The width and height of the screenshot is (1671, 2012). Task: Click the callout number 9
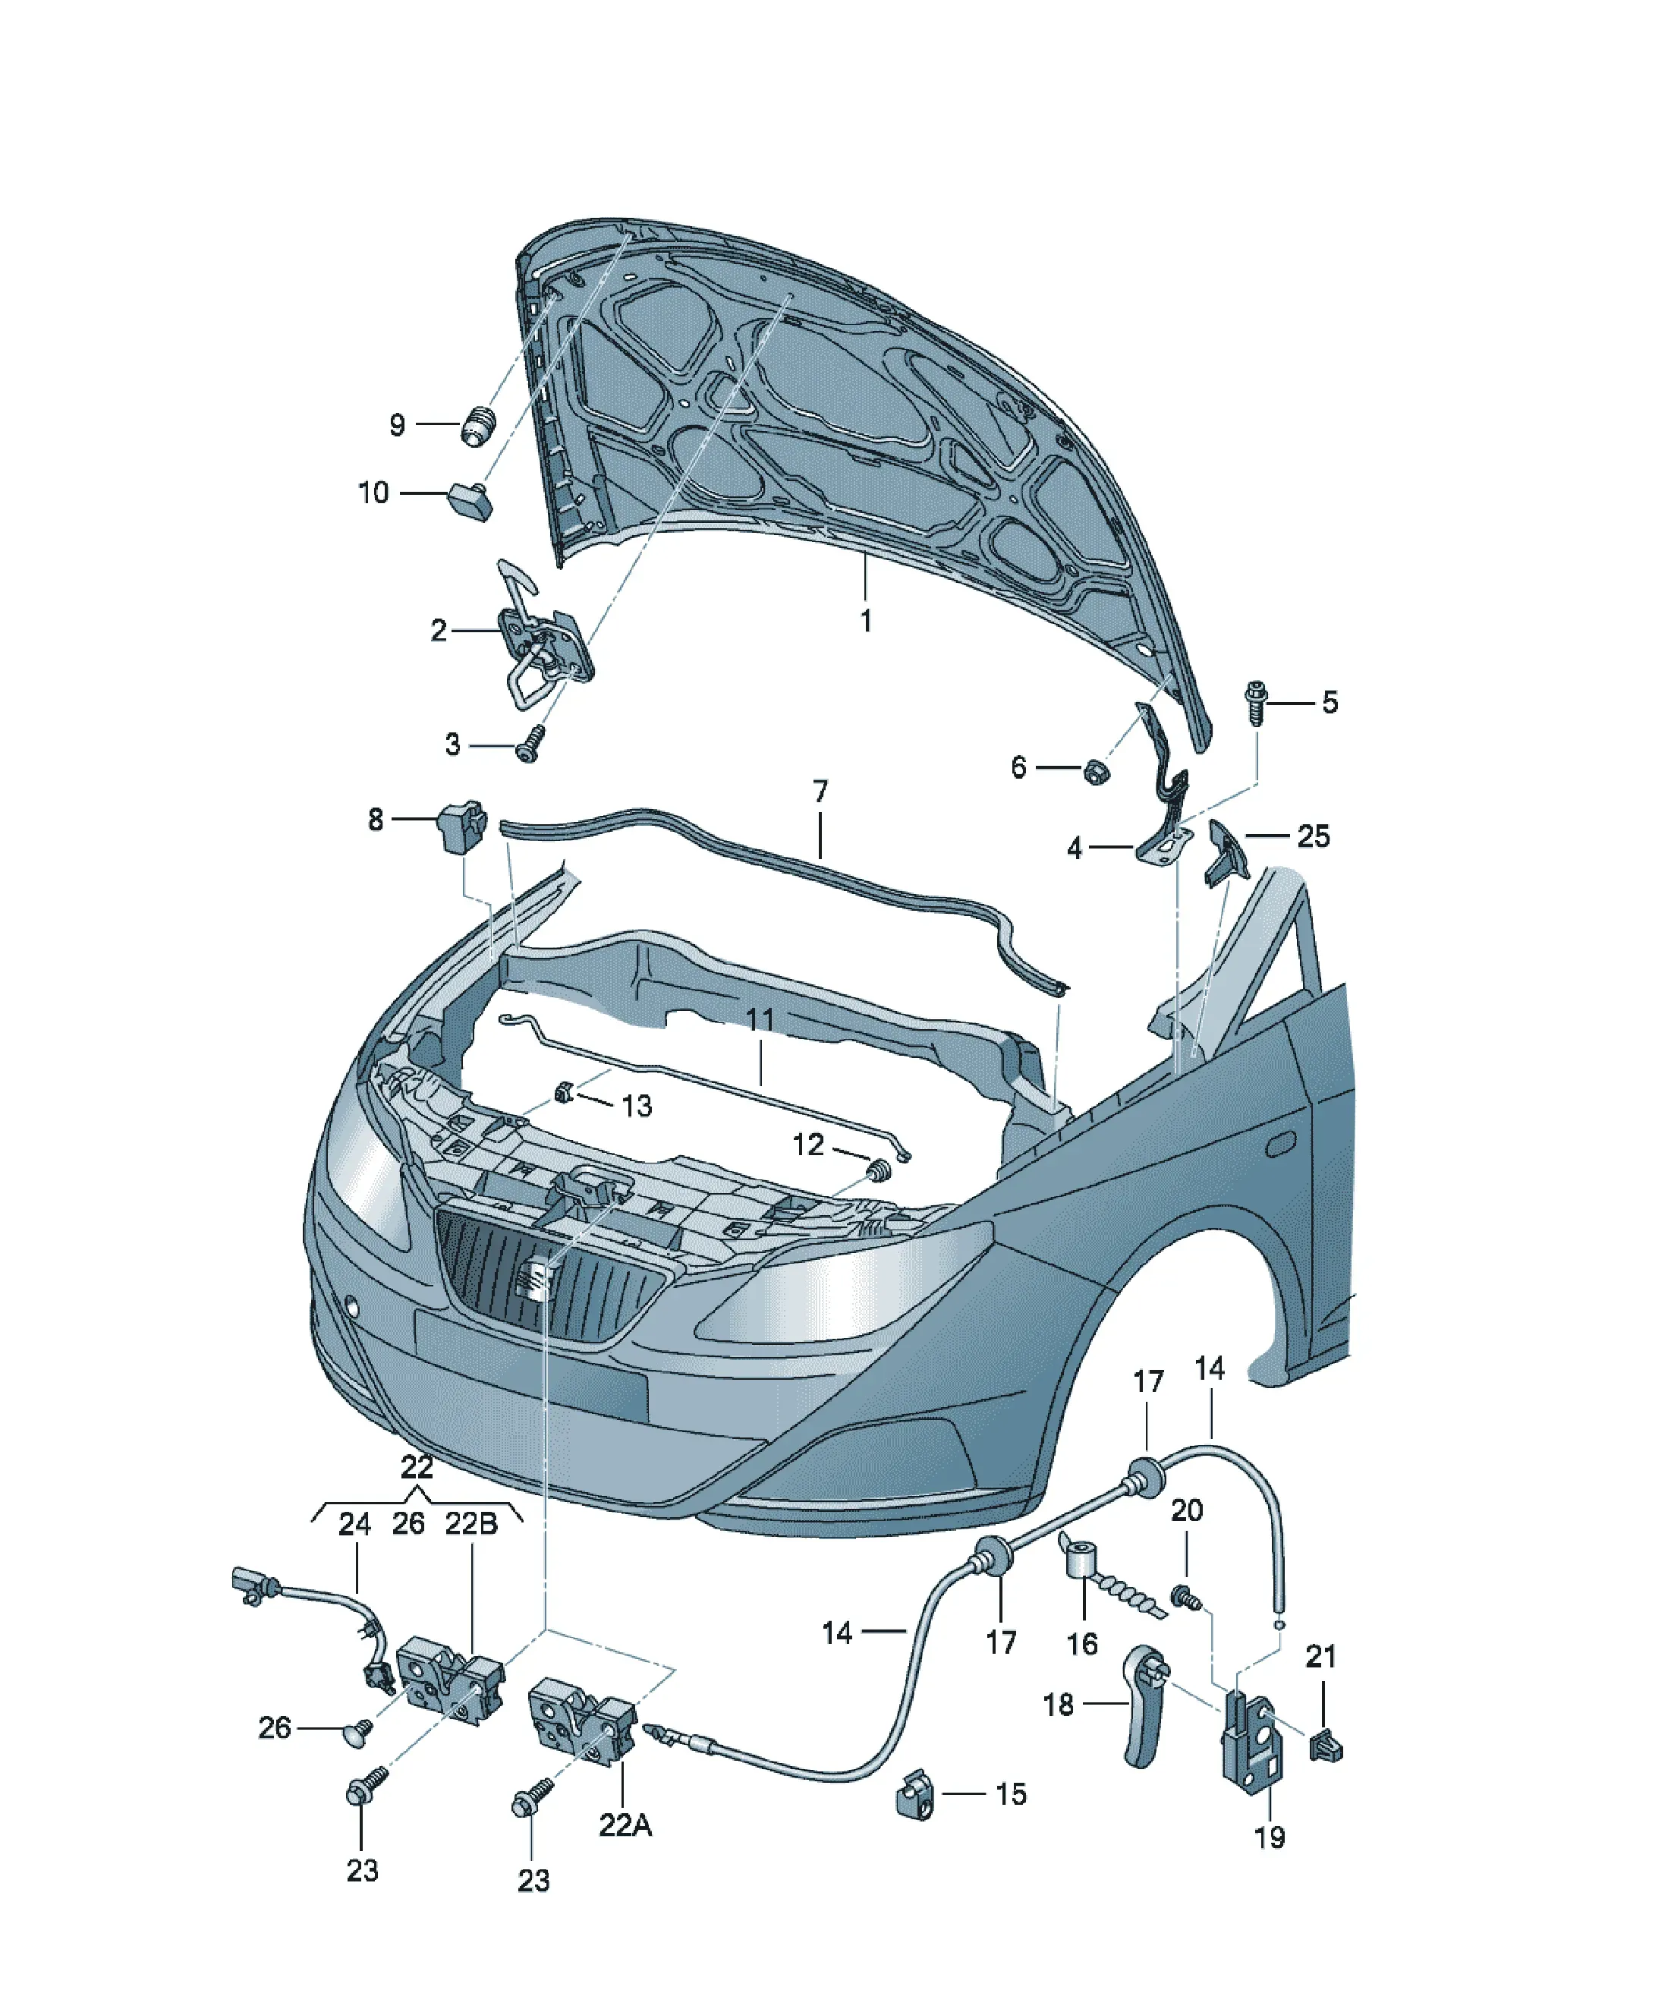click(x=397, y=424)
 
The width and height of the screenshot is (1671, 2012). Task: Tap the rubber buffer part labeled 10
click(x=470, y=500)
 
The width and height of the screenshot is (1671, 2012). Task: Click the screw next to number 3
click(x=530, y=744)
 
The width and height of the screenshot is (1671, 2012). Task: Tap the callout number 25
click(x=1313, y=836)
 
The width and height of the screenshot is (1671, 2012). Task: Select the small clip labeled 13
click(x=565, y=1091)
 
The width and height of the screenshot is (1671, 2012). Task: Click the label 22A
click(x=625, y=1825)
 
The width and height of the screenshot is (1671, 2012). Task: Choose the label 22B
click(x=470, y=1523)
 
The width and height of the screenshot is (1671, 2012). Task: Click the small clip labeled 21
click(x=1325, y=1746)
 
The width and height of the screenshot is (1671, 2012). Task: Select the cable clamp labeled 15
click(x=915, y=1794)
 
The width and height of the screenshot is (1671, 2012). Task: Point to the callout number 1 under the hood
click(x=865, y=621)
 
